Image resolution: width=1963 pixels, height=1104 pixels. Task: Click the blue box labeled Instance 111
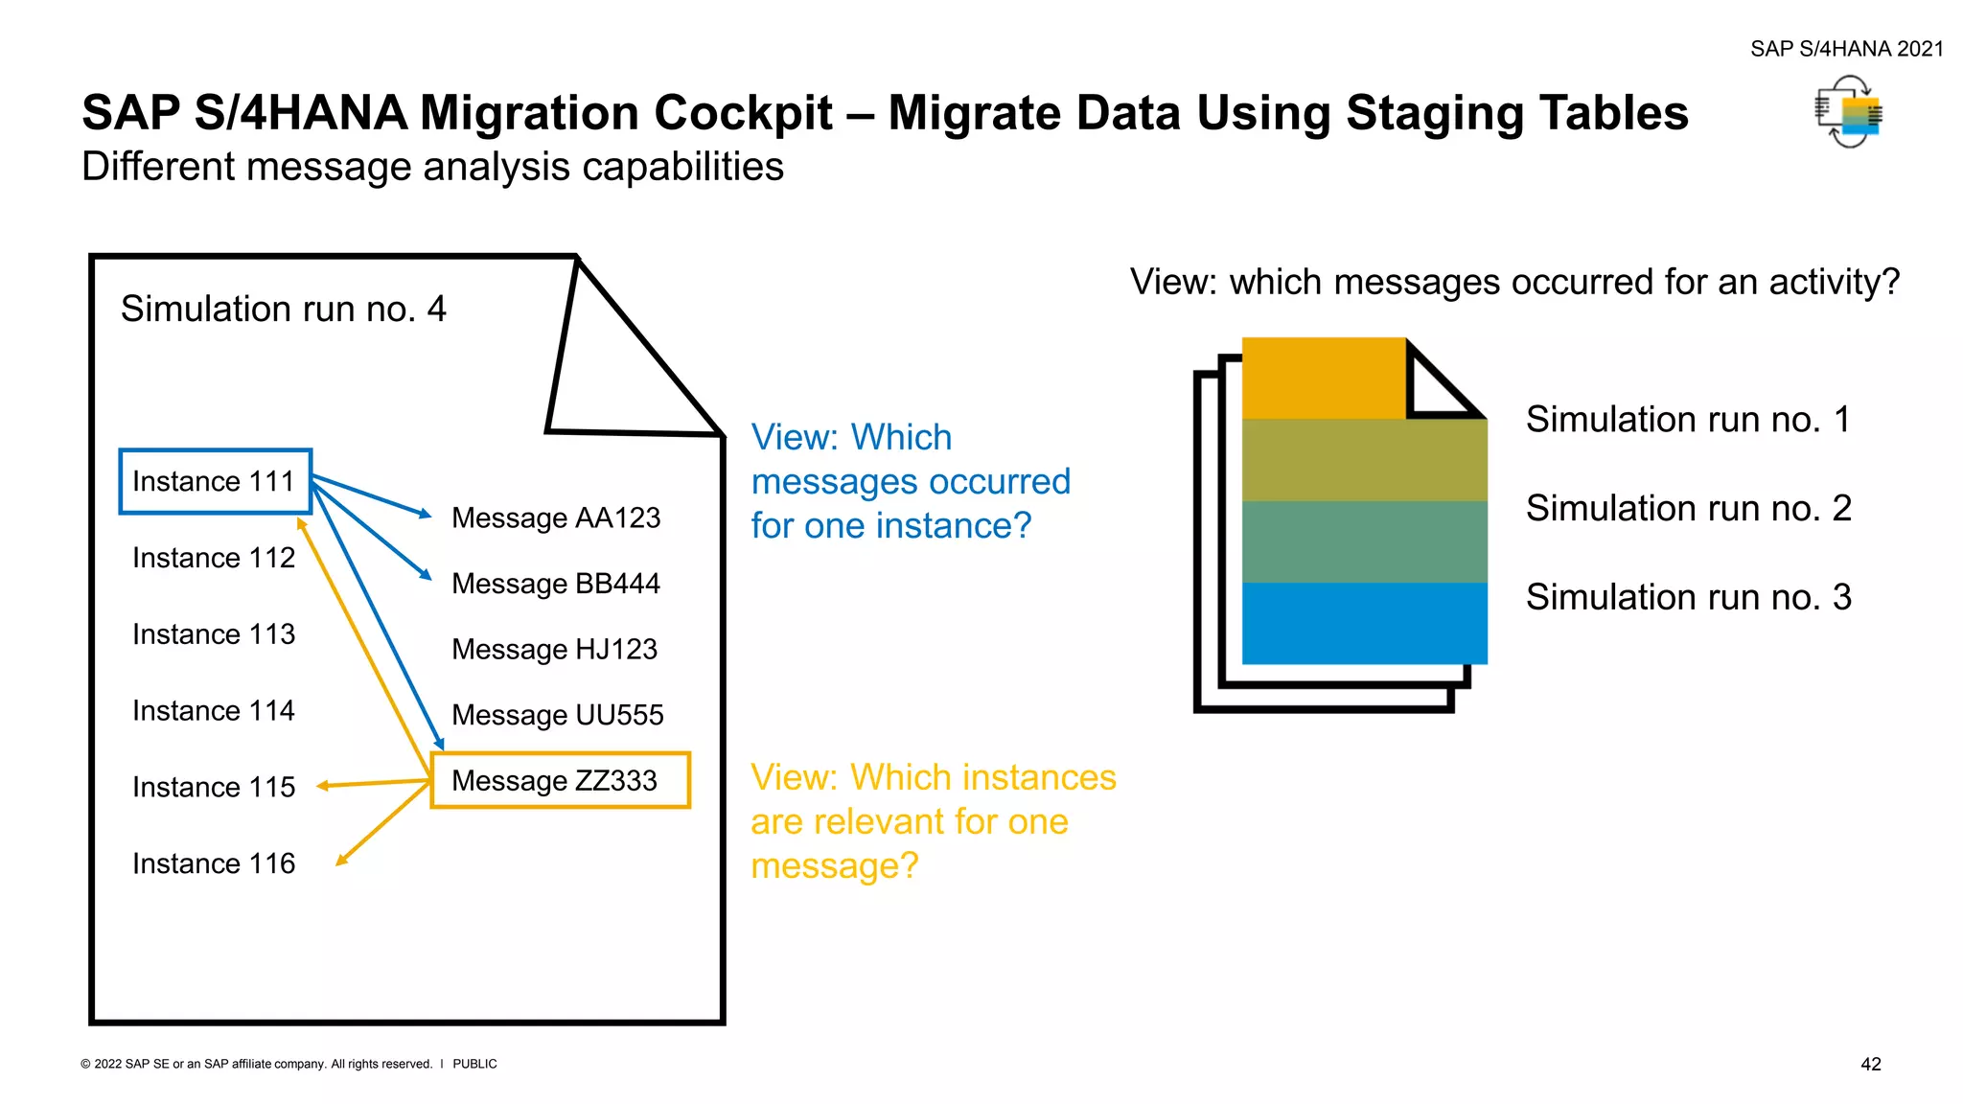coord(215,481)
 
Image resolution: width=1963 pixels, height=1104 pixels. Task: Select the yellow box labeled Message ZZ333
coord(560,780)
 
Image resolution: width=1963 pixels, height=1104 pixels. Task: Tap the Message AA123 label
coord(556,517)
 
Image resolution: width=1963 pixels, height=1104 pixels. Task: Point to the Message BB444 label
coord(556,584)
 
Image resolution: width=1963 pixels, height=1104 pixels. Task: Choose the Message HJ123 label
coord(554,649)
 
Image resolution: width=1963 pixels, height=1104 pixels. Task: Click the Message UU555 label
coord(557,715)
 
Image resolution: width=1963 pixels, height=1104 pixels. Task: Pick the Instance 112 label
coord(214,558)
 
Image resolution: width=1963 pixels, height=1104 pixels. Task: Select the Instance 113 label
coord(214,634)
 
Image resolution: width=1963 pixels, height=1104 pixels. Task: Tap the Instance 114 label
coord(214,711)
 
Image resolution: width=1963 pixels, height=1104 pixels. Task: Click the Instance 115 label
coord(214,787)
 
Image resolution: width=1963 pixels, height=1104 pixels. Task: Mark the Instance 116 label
coord(214,863)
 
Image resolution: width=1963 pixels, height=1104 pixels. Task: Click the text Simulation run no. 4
coord(283,309)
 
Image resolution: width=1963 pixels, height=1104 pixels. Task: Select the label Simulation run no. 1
coord(1688,420)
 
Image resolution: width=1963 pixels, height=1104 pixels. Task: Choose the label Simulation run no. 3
coord(1688,597)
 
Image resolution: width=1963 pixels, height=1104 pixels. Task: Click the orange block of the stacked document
coord(1323,379)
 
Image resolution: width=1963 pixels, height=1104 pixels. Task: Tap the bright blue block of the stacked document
coord(1364,623)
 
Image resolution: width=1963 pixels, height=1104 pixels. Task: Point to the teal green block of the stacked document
coord(1364,541)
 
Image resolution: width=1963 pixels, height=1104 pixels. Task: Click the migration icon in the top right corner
coord(1849,113)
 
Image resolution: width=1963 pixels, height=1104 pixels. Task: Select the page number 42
coord(1870,1064)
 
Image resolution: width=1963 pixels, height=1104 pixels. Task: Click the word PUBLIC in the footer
coord(474,1064)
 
